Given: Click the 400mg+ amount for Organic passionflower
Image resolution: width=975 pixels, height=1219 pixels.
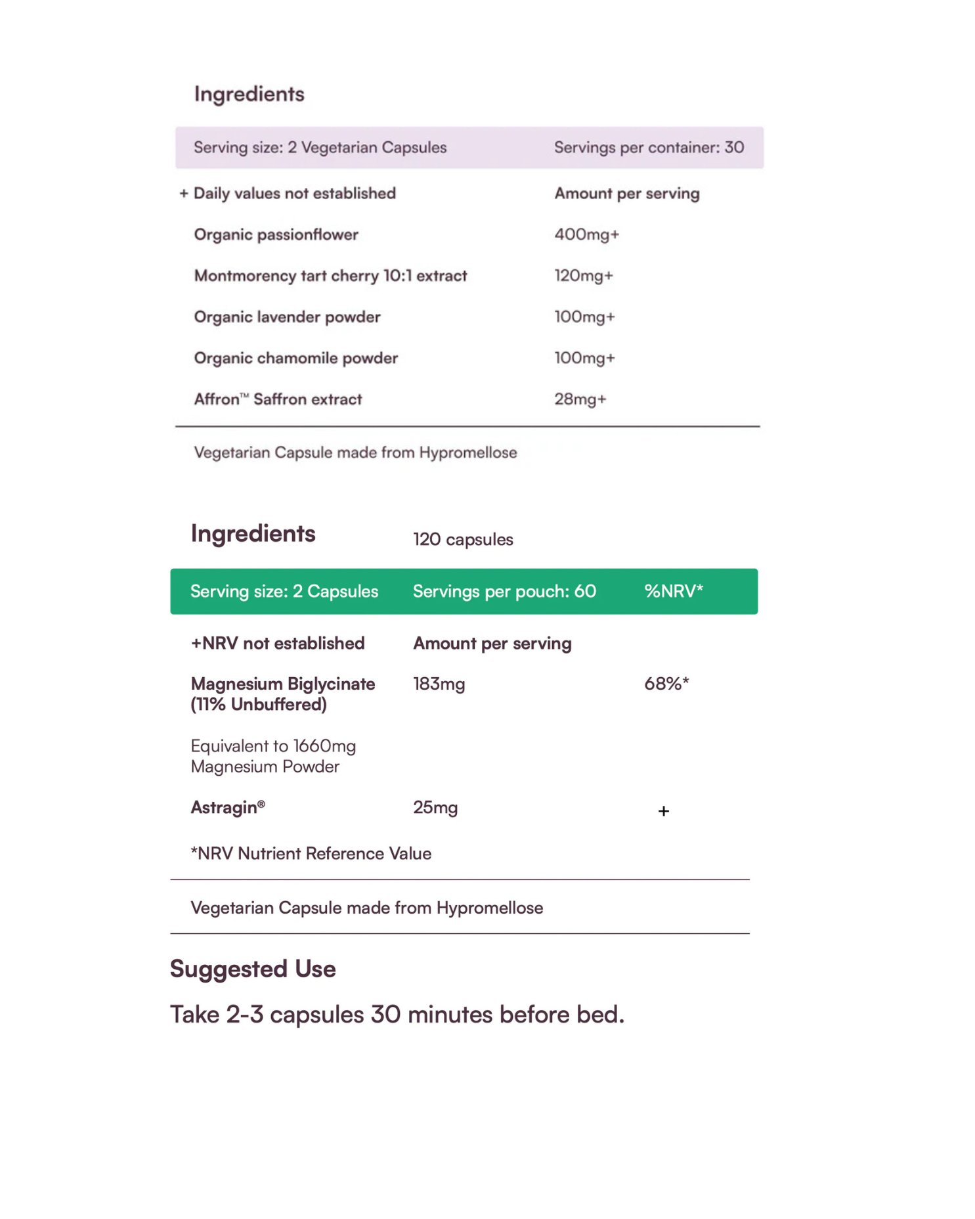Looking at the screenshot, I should pyautogui.click(x=586, y=234).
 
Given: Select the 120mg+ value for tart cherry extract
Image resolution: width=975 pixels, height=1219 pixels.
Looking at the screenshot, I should pyautogui.click(x=584, y=276).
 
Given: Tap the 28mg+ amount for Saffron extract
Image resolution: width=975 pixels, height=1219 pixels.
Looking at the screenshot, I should pyautogui.click(x=580, y=399).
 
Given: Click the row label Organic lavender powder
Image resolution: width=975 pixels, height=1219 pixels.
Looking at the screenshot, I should pyautogui.click(x=287, y=317).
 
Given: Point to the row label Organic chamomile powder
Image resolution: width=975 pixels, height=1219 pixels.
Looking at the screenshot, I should pyautogui.click(x=295, y=359).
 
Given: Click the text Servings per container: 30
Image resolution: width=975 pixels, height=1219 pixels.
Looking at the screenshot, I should pyautogui.click(x=649, y=148).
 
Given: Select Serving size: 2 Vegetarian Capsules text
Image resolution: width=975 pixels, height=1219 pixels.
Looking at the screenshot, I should pyautogui.click(x=320, y=148).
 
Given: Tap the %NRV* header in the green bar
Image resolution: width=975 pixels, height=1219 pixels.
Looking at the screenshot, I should pyautogui.click(x=673, y=591).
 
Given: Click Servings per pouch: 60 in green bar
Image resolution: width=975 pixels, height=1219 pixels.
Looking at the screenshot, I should pyautogui.click(x=504, y=591).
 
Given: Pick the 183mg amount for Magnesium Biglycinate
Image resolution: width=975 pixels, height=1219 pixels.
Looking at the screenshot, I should pyautogui.click(x=439, y=684).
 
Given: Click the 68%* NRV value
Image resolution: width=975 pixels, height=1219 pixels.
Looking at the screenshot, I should pyautogui.click(x=666, y=684).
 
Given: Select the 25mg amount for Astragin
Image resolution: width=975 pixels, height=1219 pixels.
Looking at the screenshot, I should pyautogui.click(x=435, y=808).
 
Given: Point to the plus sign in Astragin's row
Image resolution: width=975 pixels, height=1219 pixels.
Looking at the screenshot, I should pyautogui.click(x=663, y=811).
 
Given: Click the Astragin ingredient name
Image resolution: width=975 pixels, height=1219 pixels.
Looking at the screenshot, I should pyautogui.click(x=227, y=808).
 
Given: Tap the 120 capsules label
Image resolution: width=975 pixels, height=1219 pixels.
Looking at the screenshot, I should pyautogui.click(x=463, y=540).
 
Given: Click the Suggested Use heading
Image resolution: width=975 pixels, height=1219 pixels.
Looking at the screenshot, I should pyautogui.click(x=253, y=969).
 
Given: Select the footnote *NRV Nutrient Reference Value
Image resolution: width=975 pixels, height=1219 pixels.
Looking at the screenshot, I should pyautogui.click(x=311, y=854).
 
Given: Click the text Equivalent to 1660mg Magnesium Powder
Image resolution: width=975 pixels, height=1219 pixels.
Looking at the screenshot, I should pyautogui.click(x=273, y=757).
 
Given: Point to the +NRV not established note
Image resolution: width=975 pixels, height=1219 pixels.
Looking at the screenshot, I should pyautogui.click(x=277, y=644).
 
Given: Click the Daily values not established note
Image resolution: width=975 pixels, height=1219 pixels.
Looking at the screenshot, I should pyautogui.click(x=293, y=194).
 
